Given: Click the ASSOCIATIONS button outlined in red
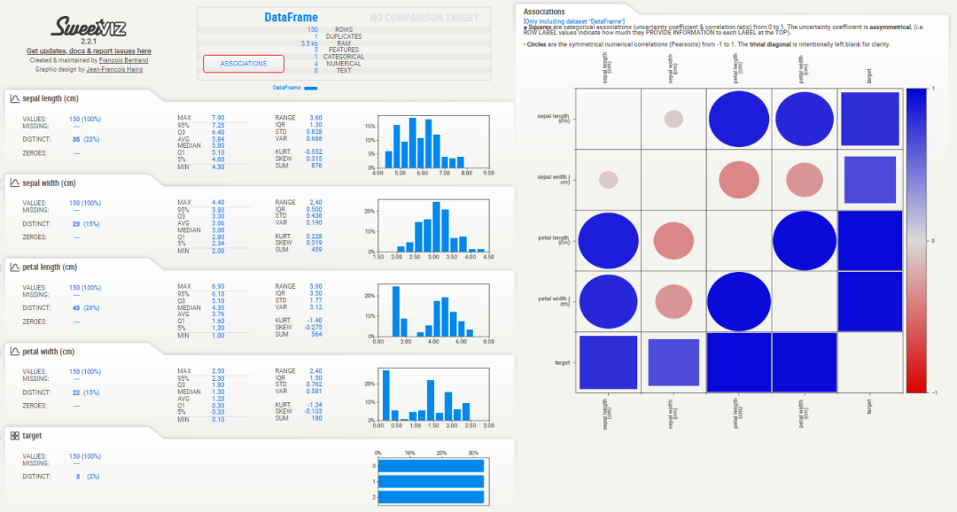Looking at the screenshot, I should click(x=244, y=64).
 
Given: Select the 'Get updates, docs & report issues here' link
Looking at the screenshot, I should click(x=89, y=51).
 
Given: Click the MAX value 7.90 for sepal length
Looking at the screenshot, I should click(x=218, y=117).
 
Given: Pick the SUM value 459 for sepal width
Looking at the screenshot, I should click(x=315, y=251).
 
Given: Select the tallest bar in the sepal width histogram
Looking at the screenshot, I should click(x=436, y=226).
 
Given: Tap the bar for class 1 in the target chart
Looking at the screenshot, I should click(x=429, y=481).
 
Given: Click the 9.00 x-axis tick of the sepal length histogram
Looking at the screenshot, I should click(x=488, y=174).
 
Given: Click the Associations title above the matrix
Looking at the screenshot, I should click(x=544, y=12).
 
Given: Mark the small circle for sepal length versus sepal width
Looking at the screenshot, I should click(x=673, y=119).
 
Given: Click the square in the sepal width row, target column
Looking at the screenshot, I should click(x=869, y=180).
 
